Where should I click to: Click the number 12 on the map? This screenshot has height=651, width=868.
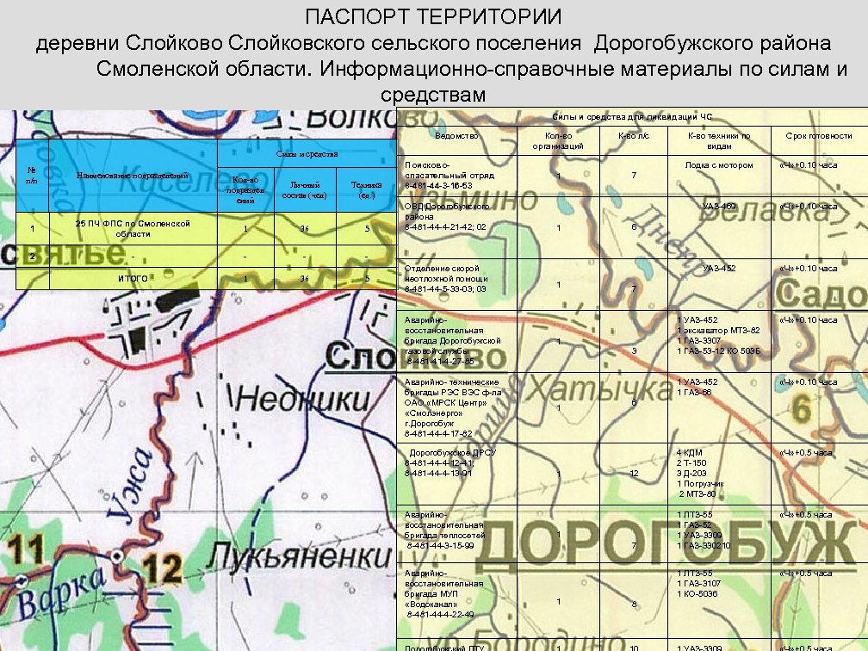[163, 569]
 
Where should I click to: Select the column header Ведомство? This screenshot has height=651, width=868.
[456, 136]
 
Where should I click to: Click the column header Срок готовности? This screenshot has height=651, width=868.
[819, 136]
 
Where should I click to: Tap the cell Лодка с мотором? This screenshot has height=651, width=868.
[718, 165]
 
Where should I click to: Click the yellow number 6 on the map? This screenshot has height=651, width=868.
[802, 409]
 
